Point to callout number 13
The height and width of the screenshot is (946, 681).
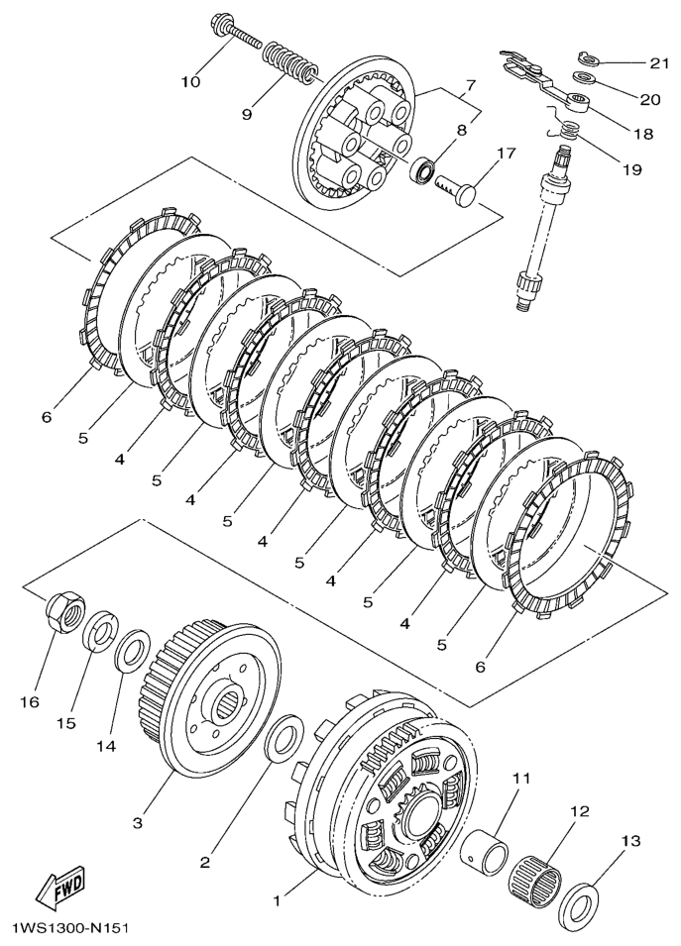630,841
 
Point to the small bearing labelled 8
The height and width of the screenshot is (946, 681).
425,167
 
